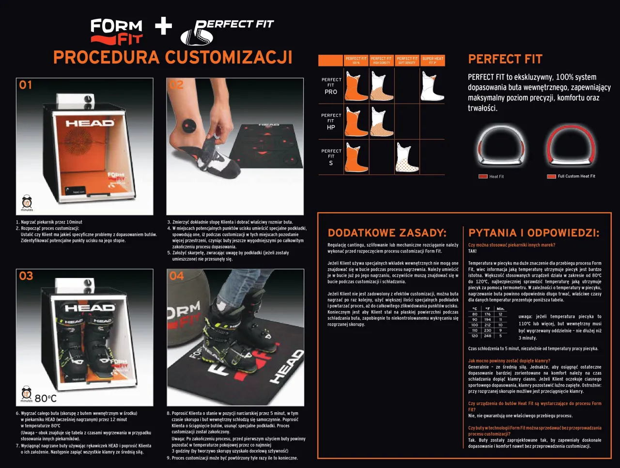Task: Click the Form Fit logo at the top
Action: [116, 31]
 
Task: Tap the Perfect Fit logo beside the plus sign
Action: [227, 32]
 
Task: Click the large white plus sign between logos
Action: [163, 26]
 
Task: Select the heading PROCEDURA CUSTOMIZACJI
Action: [172, 57]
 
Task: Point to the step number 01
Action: [26, 85]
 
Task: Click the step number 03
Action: [26, 276]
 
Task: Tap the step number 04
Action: [176, 276]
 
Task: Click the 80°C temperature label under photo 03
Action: [46, 398]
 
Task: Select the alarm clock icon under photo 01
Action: [27, 202]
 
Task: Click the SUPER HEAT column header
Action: [432, 61]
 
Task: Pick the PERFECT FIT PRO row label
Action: [331, 86]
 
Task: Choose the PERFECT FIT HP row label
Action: [331, 122]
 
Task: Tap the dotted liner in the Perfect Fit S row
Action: [406, 157]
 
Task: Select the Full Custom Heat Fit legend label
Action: [576, 176]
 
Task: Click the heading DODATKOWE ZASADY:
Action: [387, 233]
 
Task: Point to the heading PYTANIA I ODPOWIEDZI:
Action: [534, 233]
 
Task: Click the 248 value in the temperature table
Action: [487, 336]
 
